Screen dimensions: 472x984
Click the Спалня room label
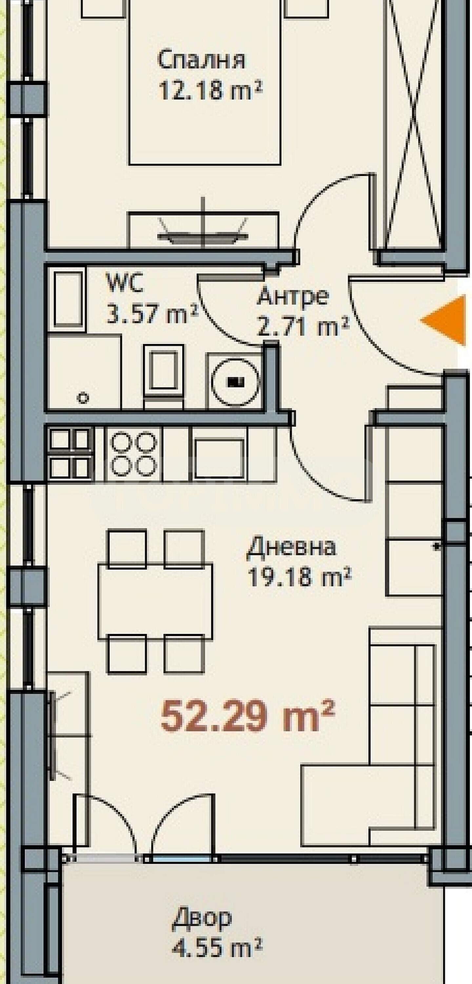[201, 60]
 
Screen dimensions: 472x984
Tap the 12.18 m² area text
[210, 91]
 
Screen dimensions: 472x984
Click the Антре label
[292, 297]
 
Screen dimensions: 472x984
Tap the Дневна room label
[292, 547]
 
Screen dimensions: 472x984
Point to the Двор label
[202, 919]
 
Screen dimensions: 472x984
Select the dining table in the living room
[155, 601]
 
